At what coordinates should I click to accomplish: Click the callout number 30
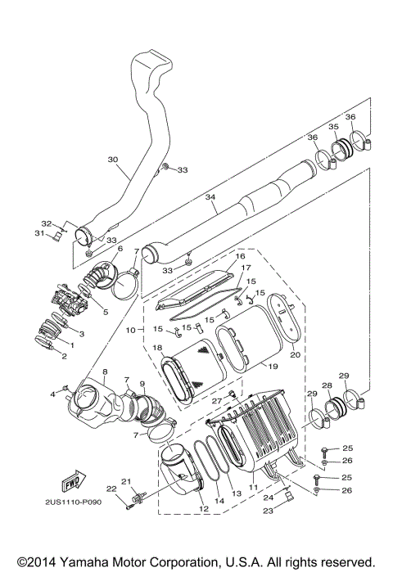click(x=112, y=160)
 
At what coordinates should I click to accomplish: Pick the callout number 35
click(x=333, y=127)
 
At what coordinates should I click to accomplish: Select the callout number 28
click(x=327, y=385)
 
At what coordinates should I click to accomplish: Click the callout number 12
click(x=203, y=510)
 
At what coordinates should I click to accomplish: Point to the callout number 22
click(x=111, y=489)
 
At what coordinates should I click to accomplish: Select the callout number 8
click(x=105, y=372)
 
